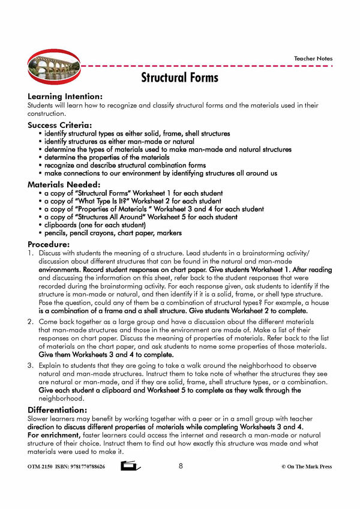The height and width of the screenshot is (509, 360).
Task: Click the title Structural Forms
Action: (179, 77)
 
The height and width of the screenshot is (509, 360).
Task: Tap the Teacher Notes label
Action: (313, 59)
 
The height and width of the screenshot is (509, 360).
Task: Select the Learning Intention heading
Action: (65, 96)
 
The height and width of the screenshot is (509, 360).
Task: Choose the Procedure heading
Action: (49, 244)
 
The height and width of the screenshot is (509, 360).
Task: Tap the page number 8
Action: (181, 466)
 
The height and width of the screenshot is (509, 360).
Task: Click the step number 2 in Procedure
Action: (29, 322)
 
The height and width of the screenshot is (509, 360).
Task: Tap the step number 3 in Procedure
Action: (29, 366)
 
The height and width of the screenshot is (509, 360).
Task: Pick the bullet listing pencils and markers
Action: (113, 233)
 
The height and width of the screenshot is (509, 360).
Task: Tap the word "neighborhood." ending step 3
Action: (61, 398)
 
